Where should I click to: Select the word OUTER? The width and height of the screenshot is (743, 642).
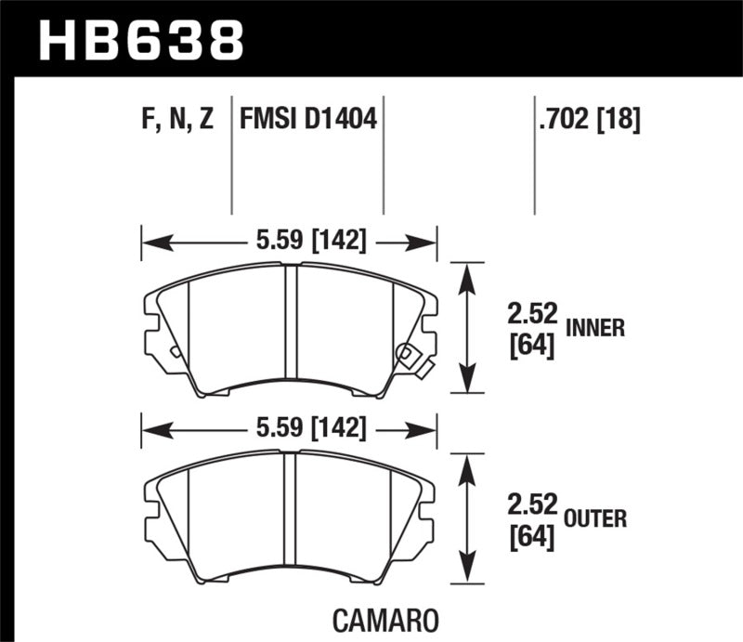[594, 519]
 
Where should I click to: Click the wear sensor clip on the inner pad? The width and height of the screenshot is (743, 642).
[409, 357]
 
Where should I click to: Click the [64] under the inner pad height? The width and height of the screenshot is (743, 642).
[532, 346]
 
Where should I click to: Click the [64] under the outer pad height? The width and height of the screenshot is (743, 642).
[532, 537]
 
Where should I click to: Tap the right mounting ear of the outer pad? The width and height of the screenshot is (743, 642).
[427, 517]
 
